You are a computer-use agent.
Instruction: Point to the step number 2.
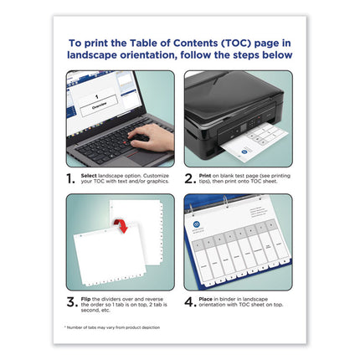190,177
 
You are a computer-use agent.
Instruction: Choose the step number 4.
190,301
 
